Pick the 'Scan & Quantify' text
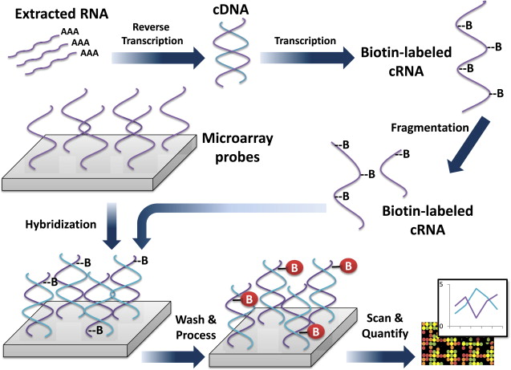pos(377,327)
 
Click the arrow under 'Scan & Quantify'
pos(381,356)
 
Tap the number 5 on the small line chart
pos(440,285)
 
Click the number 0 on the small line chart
pos(440,324)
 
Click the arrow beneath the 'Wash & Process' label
pos(172,356)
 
